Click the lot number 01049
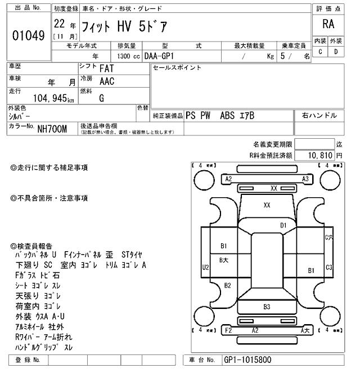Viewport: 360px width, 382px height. click(x=28, y=35)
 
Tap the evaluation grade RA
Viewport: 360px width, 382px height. click(x=328, y=24)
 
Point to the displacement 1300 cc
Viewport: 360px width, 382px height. click(x=129, y=56)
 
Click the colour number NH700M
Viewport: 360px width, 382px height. click(x=52, y=129)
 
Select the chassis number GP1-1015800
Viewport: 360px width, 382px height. click(x=248, y=360)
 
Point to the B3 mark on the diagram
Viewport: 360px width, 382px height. click(x=267, y=307)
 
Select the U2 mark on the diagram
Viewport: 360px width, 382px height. click(x=205, y=268)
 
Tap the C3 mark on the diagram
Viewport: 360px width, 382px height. click(x=329, y=267)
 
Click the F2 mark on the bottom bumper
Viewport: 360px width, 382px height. click(x=228, y=330)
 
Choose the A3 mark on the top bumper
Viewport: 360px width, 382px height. click(x=305, y=179)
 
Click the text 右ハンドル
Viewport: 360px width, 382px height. click(x=319, y=116)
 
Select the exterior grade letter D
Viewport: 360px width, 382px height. click(x=336, y=52)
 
